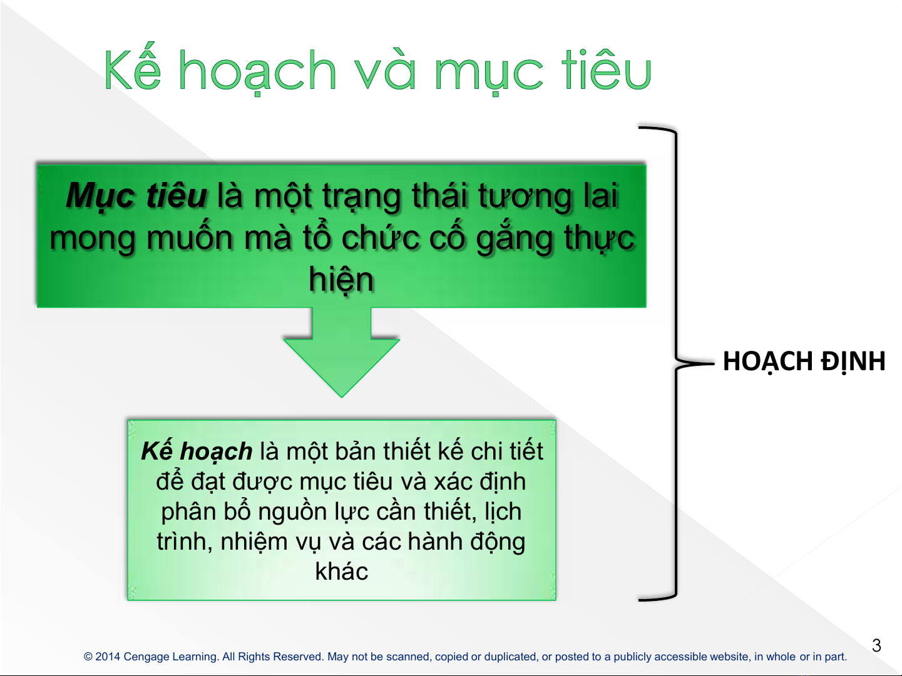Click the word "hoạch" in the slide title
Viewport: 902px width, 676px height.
click(258, 72)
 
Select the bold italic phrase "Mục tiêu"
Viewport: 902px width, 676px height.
click(136, 196)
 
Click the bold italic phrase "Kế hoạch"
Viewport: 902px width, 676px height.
click(197, 452)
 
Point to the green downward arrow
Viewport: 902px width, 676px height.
click(342, 353)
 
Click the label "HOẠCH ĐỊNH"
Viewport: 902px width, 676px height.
click(804, 362)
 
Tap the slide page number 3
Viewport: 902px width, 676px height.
click(876, 646)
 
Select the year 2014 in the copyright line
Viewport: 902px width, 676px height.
click(108, 657)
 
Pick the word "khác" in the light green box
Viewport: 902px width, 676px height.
click(342, 572)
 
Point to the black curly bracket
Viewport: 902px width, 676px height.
click(677, 363)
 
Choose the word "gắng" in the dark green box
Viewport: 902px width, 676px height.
click(515, 239)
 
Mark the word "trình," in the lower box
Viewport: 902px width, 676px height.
click(185, 542)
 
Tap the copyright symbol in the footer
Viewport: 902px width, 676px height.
click(88, 657)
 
